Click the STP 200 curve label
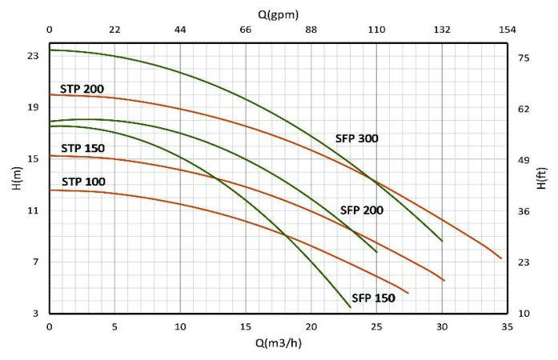(x=82, y=89)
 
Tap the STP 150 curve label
(x=82, y=148)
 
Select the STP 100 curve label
(x=82, y=182)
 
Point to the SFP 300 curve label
(x=356, y=138)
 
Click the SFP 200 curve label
(x=362, y=210)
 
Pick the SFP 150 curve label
(x=373, y=298)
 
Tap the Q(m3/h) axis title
(x=278, y=343)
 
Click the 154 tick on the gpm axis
(x=508, y=30)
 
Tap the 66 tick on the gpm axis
(x=246, y=30)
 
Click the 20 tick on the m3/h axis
(x=311, y=326)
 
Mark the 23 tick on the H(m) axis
(x=33, y=56)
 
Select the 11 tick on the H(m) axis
(x=33, y=210)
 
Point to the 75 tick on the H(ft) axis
(x=524, y=58)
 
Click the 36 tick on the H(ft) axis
(x=524, y=211)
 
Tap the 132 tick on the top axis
(x=442, y=30)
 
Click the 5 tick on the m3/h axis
(x=114, y=326)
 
